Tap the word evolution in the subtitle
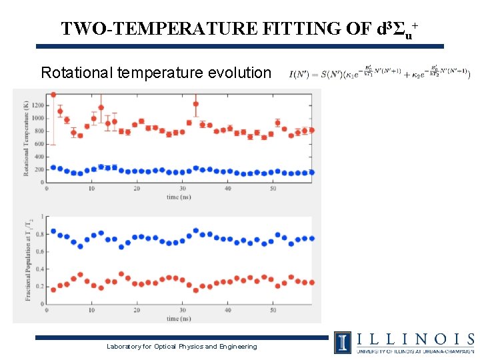(238, 72)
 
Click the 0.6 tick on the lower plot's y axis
(39, 251)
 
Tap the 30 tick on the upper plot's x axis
(182, 189)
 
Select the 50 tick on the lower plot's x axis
(273, 311)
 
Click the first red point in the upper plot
(53, 95)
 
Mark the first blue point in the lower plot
(53, 231)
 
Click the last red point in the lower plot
(311, 283)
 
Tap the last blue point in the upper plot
(311, 172)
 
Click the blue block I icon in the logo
(343, 342)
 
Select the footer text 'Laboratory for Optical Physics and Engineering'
(181, 346)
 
